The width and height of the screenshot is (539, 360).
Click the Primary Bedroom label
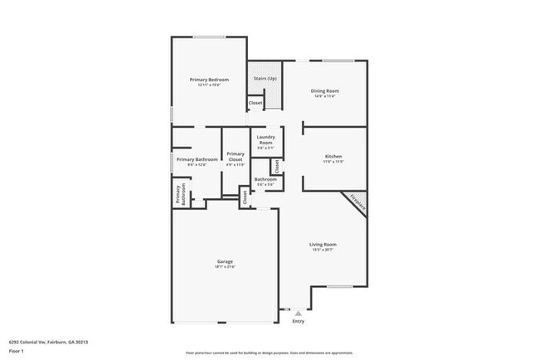[x=208, y=80]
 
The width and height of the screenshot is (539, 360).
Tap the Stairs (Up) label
[x=265, y=78]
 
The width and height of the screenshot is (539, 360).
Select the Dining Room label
[x=327, y=90]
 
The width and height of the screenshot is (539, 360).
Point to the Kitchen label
[x=333, y=156]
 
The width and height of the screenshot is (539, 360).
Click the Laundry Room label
[x=265, y=139]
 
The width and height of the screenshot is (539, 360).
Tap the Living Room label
[x=323, y=244]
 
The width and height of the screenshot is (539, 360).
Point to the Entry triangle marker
[x=299, y=314]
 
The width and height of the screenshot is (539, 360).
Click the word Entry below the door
[x=299, y=322]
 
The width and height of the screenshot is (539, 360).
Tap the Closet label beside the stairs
[x=255, y=103]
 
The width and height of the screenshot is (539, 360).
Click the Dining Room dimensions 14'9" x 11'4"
[x=327, y=96]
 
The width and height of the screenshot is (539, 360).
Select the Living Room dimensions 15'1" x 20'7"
[x=323, y=250]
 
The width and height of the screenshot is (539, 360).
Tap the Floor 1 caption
[x=17, y=348]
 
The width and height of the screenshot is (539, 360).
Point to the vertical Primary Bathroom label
[x=179, y=194]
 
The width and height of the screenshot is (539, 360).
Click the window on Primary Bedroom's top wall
[x=208, y=36]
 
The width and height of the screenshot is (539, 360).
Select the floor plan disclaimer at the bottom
[x=269, y=353]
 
